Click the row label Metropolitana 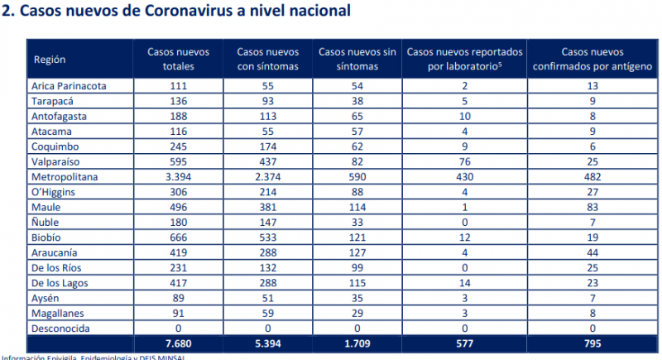64,177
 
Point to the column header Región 50,59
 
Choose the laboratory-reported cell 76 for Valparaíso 465,162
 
